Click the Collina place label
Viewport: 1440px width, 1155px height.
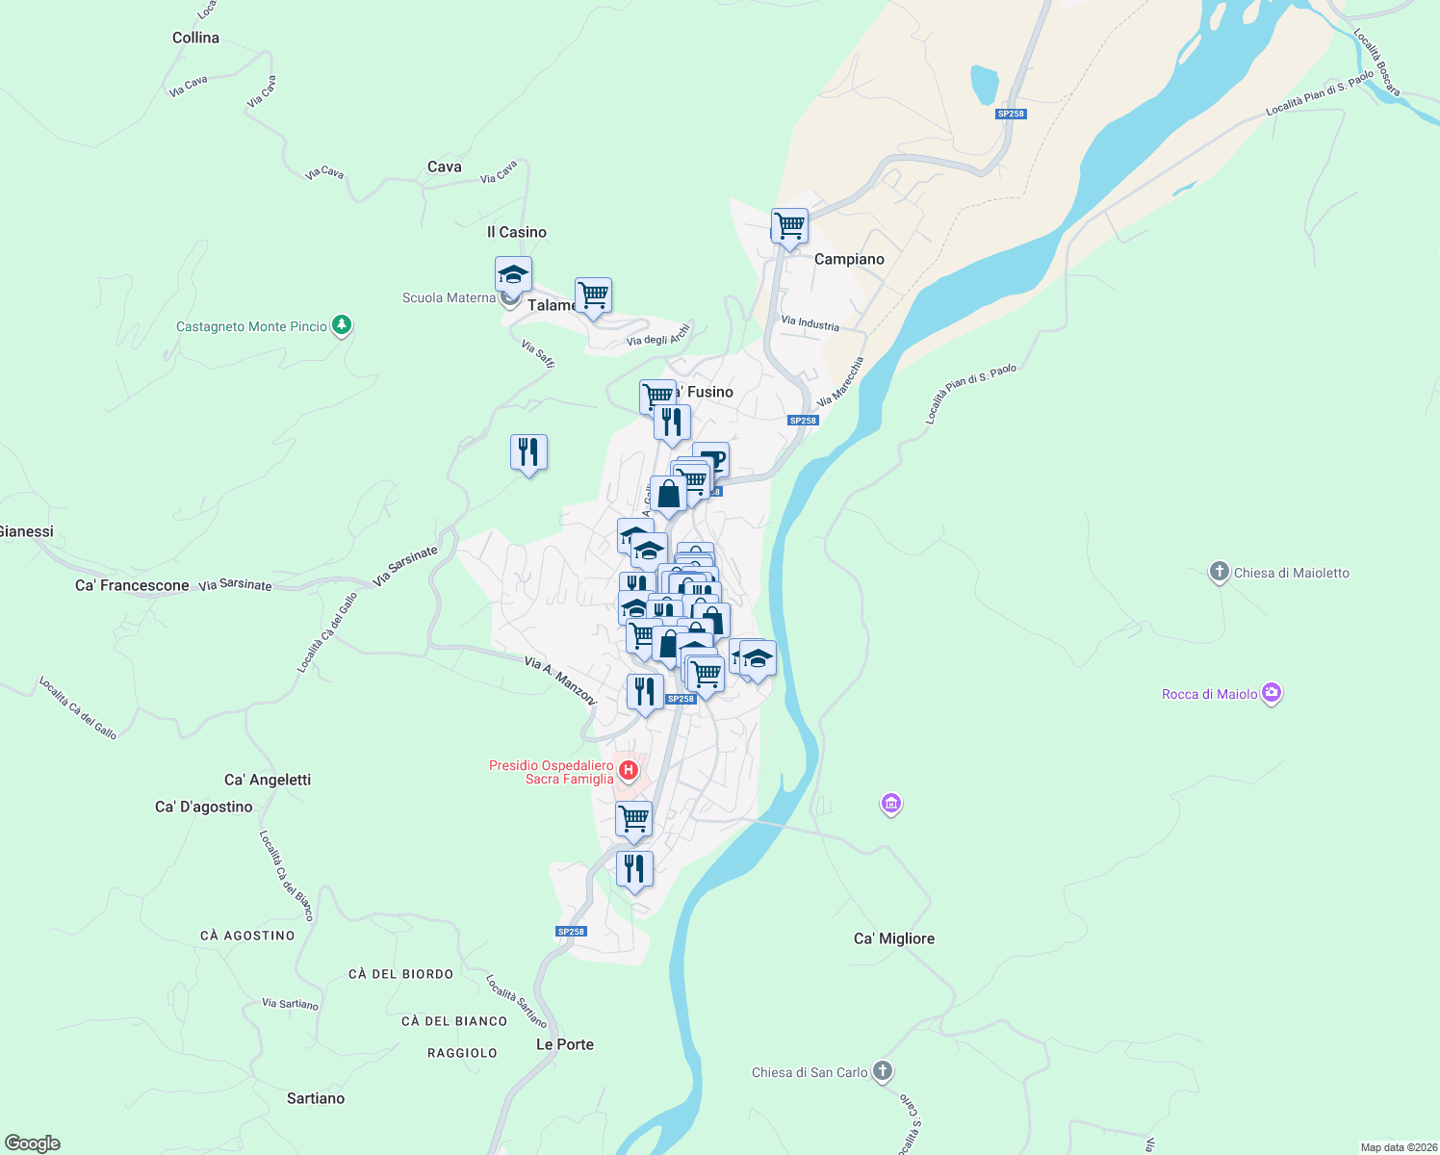click(195, 38)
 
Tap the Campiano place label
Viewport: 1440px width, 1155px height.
click(848, 259)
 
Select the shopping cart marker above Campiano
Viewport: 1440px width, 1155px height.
click(789, 226)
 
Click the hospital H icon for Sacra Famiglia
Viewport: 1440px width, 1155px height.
click(629, 770)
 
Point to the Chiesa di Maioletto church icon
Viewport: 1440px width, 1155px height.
click(1219, 573)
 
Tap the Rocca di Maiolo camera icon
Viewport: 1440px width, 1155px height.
click(1272, 693)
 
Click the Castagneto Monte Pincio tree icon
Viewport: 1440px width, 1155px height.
click(341, 325)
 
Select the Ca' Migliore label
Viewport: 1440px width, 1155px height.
click(893, 938)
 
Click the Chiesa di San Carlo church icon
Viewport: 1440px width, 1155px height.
click(883, 1071)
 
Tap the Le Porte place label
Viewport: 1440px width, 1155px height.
click(564, 1044)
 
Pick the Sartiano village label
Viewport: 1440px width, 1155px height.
click(315, 1098)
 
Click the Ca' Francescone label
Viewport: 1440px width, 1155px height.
click(132, 585)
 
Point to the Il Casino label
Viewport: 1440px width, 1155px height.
click(516, 232)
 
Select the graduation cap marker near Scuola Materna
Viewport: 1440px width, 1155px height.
click(513, 274)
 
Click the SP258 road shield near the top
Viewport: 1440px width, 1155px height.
click(1011, 114)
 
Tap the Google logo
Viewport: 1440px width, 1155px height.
click(33, 1143)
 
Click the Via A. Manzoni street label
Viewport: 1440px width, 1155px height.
click(561, 680)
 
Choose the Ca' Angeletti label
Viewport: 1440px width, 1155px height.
click(267, 780)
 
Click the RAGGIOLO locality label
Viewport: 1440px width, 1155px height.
click(462, 1053)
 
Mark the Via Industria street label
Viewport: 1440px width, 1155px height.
click(810, 323)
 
